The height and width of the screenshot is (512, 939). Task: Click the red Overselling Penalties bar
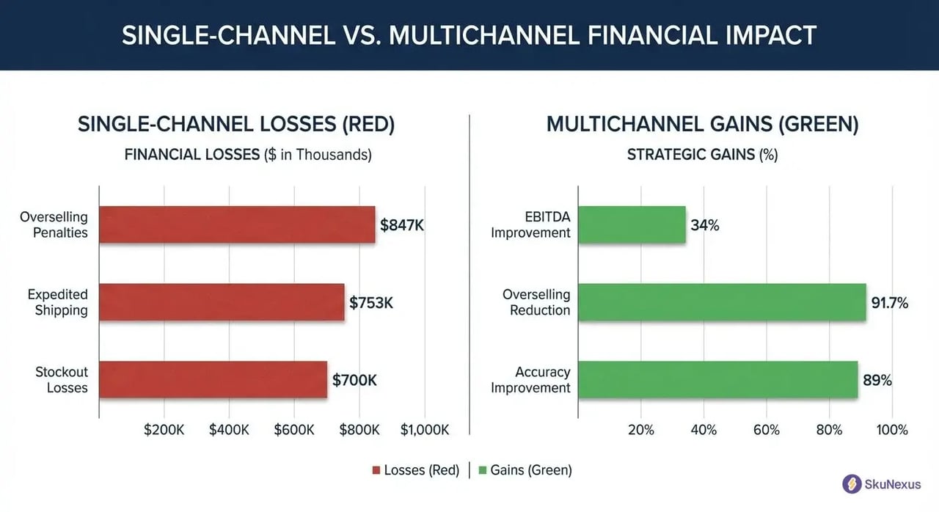[237, 224]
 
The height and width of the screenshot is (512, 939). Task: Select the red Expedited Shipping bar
[222, 302]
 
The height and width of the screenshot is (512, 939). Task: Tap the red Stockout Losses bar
[213, 379]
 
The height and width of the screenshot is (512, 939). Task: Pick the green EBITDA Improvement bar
[632, 224]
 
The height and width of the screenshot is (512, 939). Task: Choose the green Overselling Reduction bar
[722, 302]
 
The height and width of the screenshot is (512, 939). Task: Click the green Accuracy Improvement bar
[717, 379]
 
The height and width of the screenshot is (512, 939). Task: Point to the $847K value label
[402, 225]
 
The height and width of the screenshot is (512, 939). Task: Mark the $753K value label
[371, 302]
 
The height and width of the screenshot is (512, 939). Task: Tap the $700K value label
[354, 380]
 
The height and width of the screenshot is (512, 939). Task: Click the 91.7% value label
[890, 302]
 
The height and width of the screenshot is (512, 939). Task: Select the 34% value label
[705, 225]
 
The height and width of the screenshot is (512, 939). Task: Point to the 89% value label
[877, 380]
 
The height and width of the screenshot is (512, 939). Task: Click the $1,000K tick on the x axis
[424, 430]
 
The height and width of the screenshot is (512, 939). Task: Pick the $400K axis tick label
[229, 430]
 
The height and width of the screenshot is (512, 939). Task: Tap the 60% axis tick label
[767, 430]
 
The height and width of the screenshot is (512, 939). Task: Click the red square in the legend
[377, 470]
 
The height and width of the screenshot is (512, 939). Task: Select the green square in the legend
[483, 470]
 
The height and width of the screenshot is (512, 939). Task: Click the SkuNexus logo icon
[852, 483]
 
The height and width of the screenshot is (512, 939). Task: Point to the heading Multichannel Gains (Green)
[702, 124]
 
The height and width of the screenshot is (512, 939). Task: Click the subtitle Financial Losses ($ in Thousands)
[248, 155]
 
